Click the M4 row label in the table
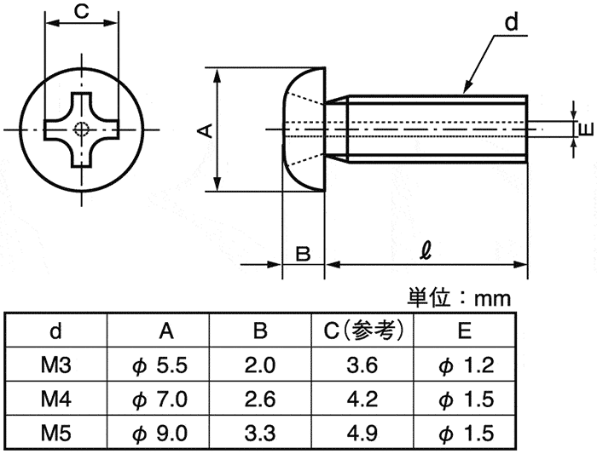(56, 399)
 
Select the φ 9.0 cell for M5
(160, 434)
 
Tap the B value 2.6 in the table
(260, 399)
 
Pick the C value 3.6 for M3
(362, 365)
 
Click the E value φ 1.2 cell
(467, 365)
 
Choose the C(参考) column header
(363, 330)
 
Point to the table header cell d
(56, 330)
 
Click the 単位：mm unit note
(459, 298)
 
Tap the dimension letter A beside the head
(206, 130)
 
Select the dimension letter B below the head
(303, 254)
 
